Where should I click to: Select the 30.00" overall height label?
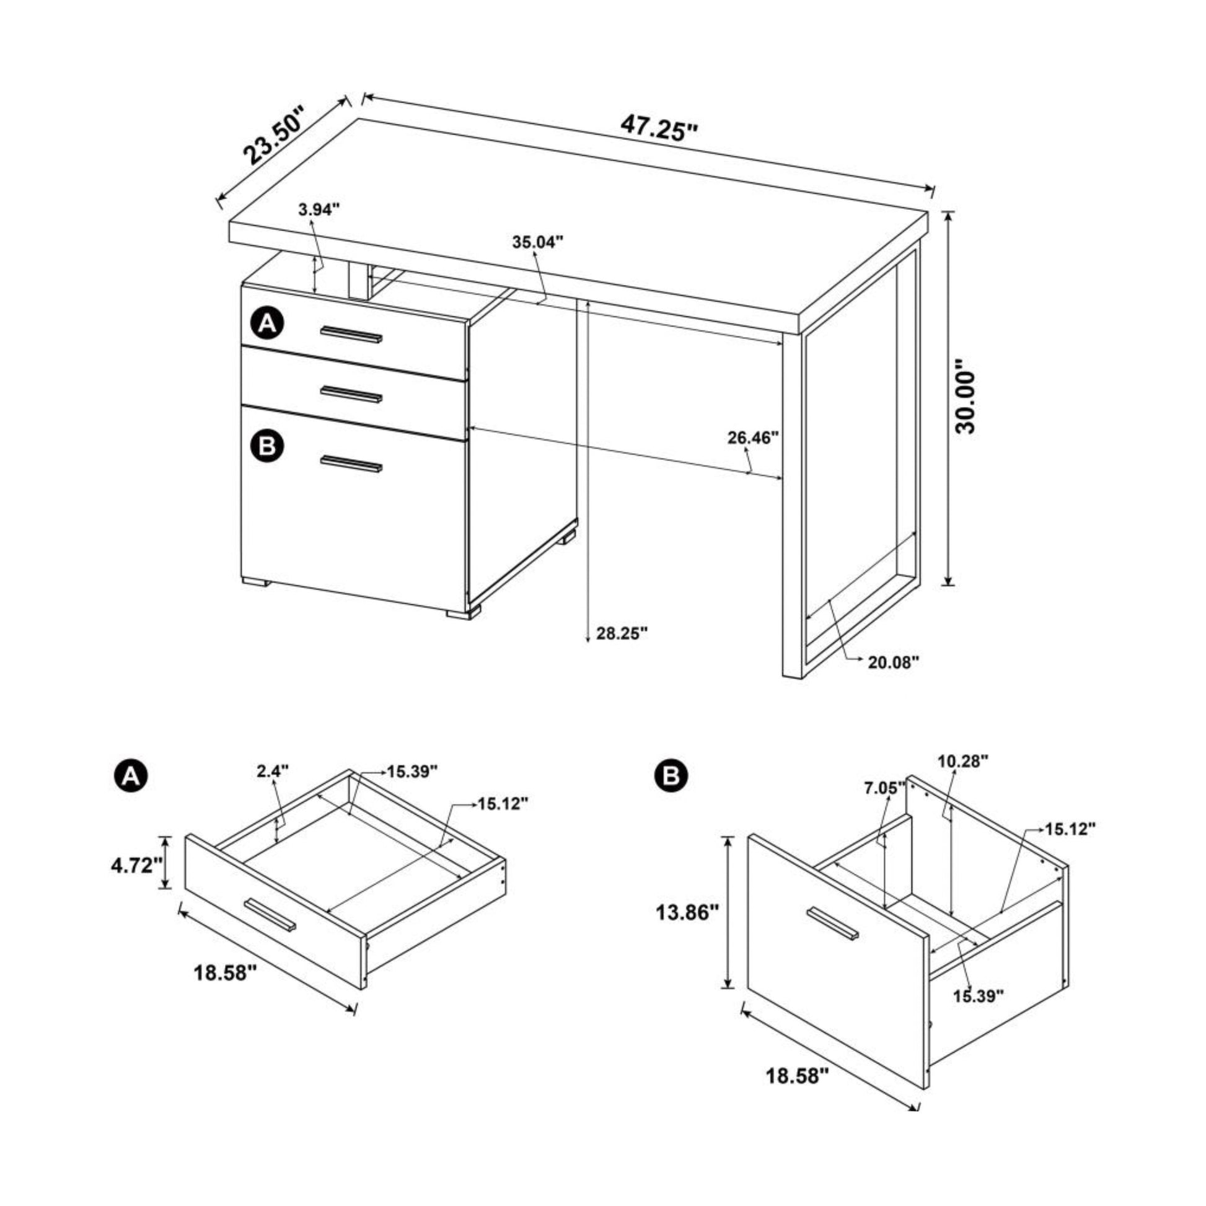[965, 396]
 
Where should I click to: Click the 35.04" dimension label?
[538, 242]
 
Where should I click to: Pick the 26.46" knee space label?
[754, 438]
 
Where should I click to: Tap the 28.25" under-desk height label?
[622, 633]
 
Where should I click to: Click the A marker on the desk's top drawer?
[267, 324]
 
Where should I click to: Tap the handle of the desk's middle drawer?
[351, 394]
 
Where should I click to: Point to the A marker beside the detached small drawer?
[131, 776]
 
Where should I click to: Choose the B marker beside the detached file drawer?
[672, 776]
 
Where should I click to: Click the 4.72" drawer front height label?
[137, 866]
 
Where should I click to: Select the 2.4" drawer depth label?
[273, 771]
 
